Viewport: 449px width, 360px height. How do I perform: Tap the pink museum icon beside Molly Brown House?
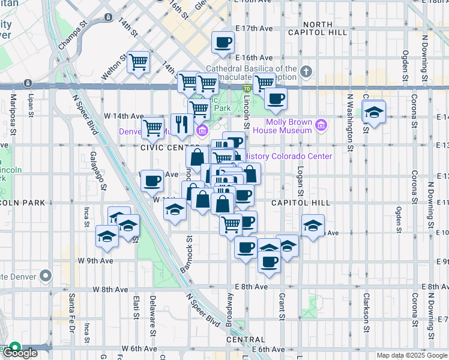(x=322, y=125)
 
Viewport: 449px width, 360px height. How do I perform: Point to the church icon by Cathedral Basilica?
(x=306, y=73)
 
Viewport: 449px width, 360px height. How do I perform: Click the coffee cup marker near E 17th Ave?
(x=223, y=42)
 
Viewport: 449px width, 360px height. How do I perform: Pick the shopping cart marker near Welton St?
(x=139, y=62)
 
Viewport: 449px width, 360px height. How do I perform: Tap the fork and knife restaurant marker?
(x=182, y=125)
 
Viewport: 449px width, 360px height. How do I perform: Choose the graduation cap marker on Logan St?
(x=312, y=226)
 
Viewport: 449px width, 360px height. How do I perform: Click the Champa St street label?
(x=73, y=36)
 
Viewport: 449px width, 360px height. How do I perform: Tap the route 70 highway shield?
(x=247, y=88)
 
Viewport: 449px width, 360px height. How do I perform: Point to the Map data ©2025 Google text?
(x=412, y=355)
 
